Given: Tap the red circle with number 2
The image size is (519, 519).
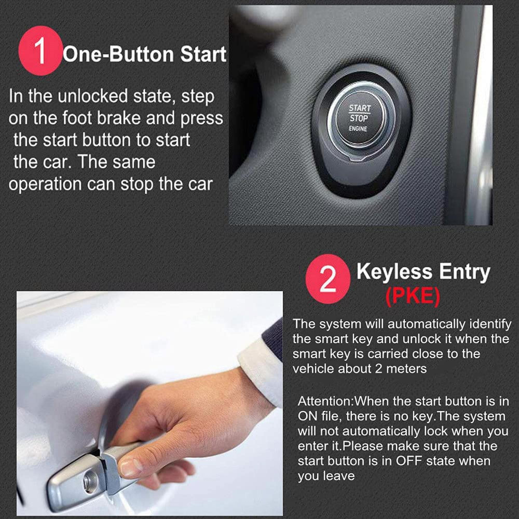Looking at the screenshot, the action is coord(328,279).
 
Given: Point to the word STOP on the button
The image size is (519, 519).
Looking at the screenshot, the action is coord(359,118).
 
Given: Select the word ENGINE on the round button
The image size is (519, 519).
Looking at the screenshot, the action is coord(358,129).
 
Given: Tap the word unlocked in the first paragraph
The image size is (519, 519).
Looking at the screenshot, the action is coord(93,96).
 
